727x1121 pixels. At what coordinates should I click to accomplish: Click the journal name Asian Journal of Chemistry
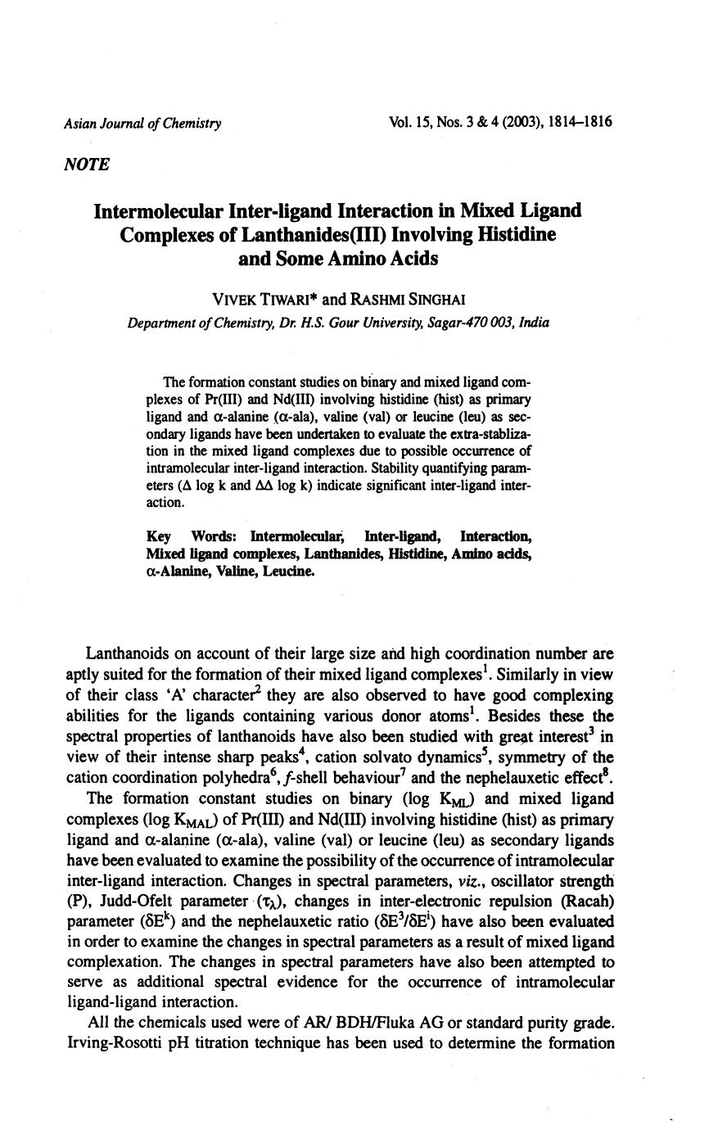pos(142,124)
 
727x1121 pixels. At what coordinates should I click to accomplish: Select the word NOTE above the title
pos(86,165)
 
